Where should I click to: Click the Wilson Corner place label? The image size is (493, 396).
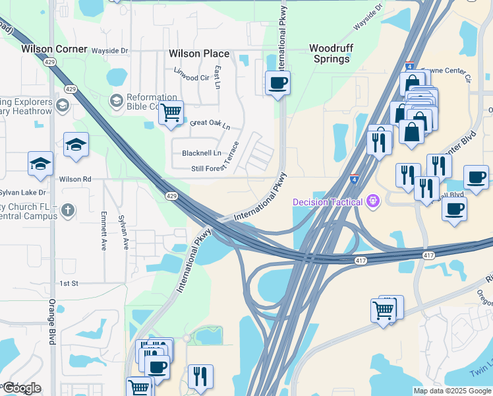(x=54, y=49)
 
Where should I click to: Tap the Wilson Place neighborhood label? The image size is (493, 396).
(x=199, y=53)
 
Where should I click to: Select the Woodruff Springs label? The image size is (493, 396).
(x=330, y=53)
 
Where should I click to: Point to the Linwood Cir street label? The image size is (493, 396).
(x=191, y=77)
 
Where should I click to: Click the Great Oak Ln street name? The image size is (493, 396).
(x=210, y=123)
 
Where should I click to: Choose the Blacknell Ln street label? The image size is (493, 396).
(x=202, y=153)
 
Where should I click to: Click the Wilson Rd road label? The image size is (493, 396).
(x=75, y=179)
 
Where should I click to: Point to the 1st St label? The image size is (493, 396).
(x=69, y=283)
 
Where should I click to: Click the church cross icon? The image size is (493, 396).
(x=67, y=211)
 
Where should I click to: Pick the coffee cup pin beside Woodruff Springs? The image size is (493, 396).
(x=277, y=82)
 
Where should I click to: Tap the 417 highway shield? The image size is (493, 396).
(x=429, y=255)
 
